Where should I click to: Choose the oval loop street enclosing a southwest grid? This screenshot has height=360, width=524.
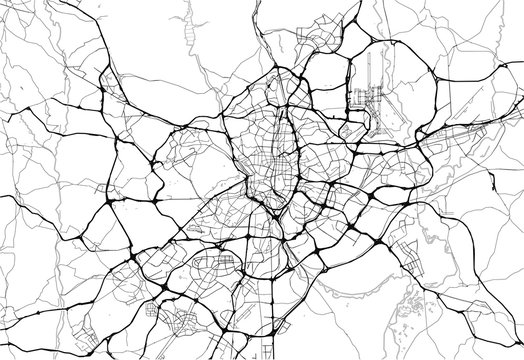216,266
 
